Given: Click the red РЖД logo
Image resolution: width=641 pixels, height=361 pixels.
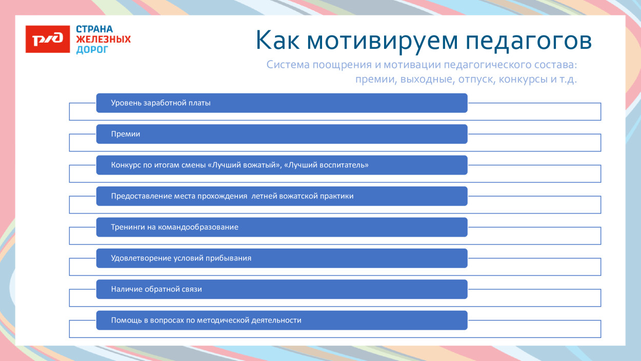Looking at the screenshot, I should click(x=48, y=39).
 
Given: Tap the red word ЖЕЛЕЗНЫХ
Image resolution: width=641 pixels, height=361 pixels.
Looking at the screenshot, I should click(x=103, y=40).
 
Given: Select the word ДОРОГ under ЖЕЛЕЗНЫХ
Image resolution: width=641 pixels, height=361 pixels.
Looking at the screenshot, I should click(x=92, y=50).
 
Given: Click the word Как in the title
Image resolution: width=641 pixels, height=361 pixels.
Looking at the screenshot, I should click(x=277, y=41).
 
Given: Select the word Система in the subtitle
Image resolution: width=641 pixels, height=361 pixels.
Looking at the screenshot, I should click(x=288, y=65).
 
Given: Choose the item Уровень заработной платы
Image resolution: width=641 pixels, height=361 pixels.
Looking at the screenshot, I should click(x=161, y=103).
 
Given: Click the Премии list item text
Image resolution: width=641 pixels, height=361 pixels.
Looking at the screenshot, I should click(x=126, y=134).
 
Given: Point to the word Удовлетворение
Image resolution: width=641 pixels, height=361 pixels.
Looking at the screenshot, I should click(x=139, y=258).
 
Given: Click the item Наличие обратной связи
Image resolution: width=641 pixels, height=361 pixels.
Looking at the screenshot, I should click(x=156, y=289).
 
